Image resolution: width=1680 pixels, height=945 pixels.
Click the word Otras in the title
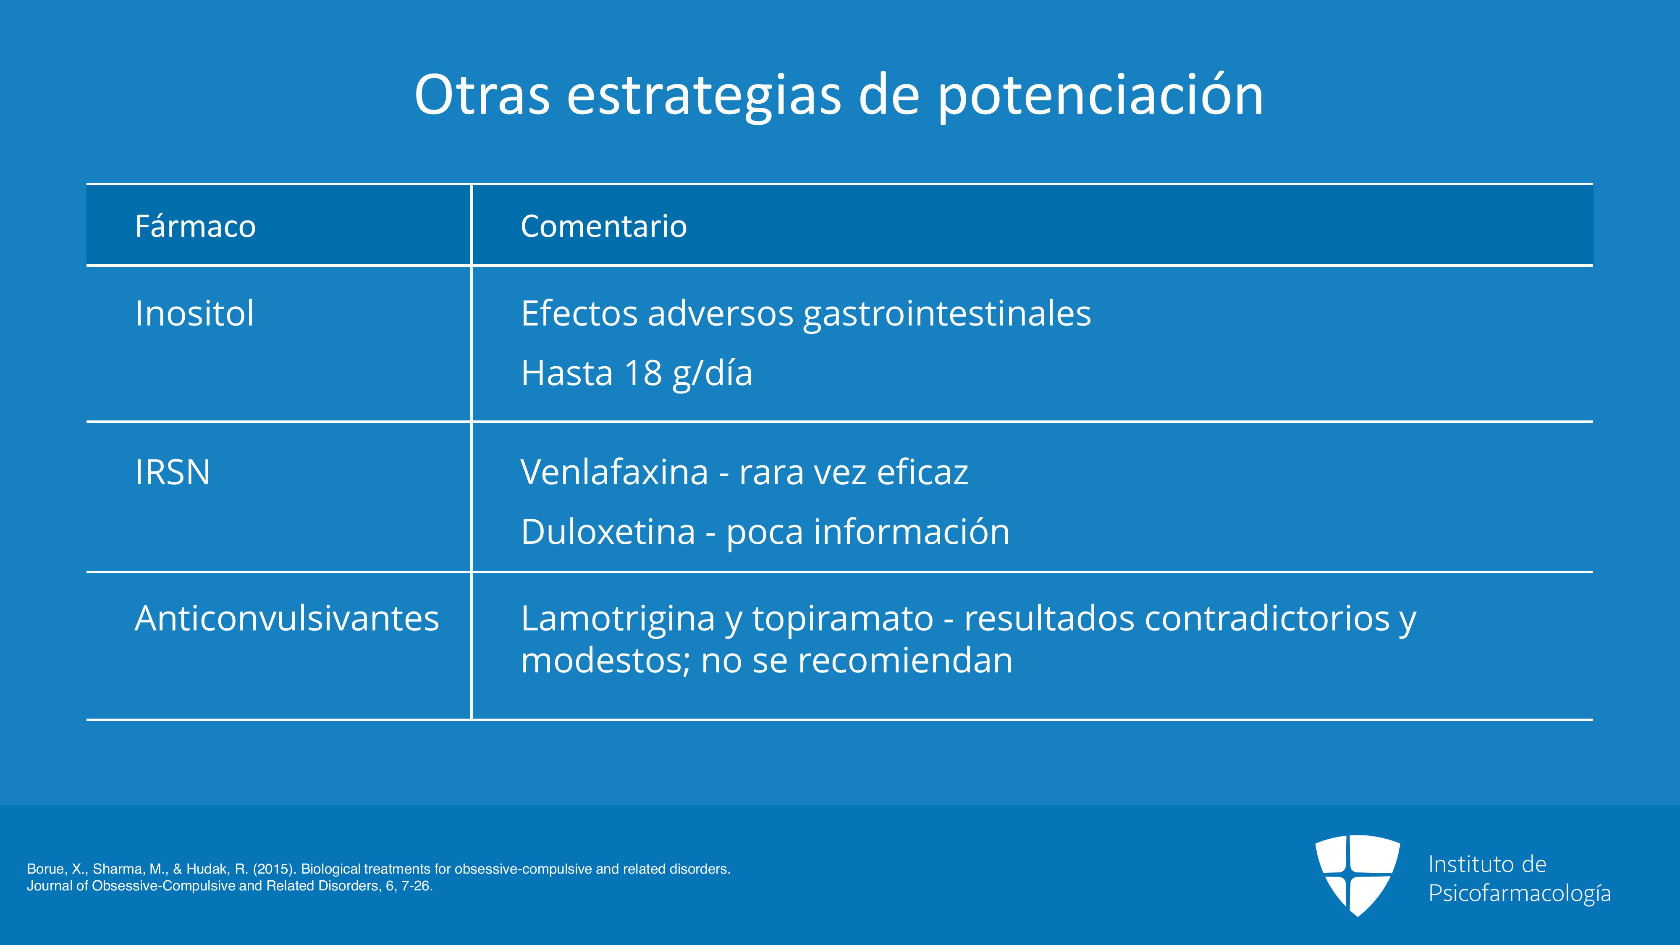[482, 95]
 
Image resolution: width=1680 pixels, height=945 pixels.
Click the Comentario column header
[604, 226]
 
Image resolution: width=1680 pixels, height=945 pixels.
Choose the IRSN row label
[173, 472]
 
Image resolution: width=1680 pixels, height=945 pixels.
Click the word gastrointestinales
[947, 314]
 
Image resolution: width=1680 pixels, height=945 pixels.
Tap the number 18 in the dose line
[643, 374]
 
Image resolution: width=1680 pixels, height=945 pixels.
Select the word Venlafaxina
[614, 472]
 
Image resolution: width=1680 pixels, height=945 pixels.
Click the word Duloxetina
[608, 532]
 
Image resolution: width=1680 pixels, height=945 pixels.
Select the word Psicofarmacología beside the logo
[1520, 893]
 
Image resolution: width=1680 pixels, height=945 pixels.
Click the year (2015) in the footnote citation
[275, 869]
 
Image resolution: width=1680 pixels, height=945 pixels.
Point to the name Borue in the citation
[46, 869]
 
